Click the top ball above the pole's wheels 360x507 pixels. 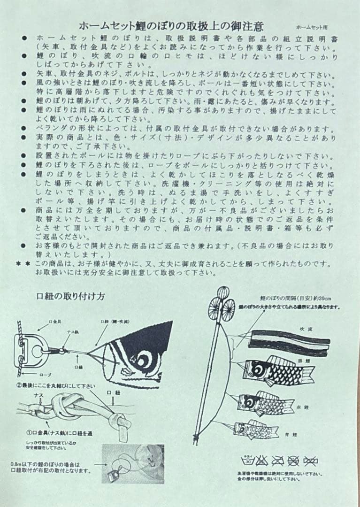click(218, 291)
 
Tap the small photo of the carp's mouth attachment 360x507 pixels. click(133, 464)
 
